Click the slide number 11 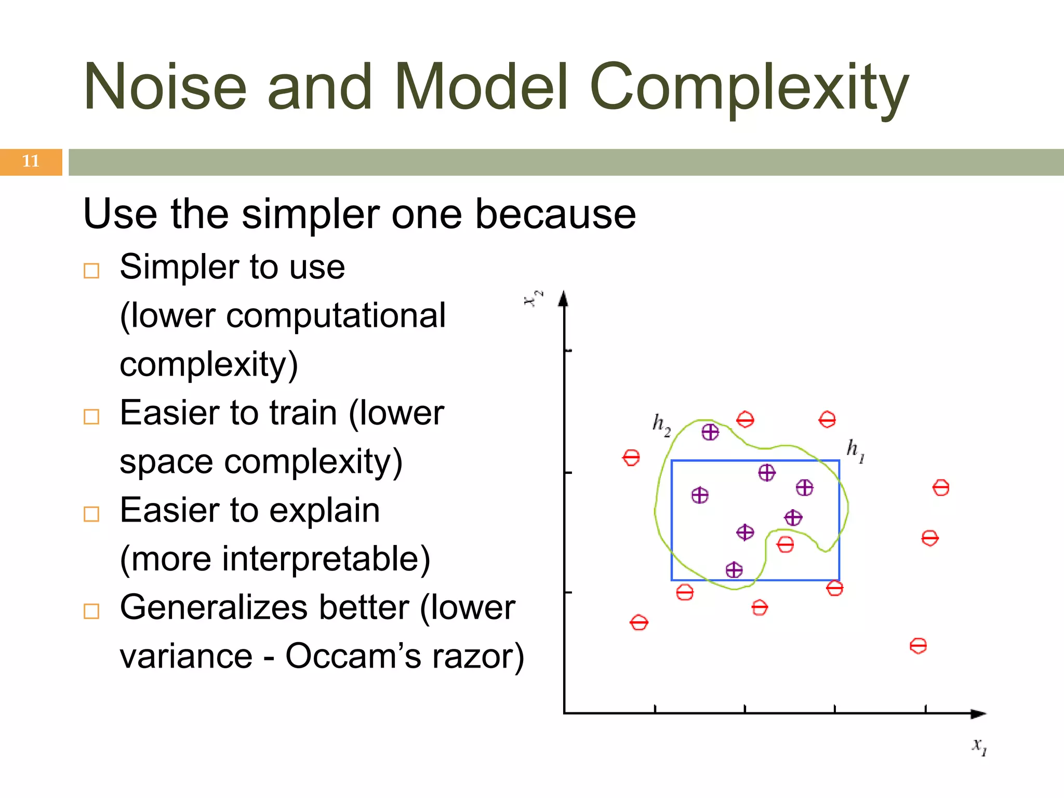(x=31, y=161)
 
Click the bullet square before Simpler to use (x=91, y=271)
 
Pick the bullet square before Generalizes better (x=91, y=611)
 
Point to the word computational (x=335, y=315)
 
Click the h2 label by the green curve (x=661, y=424)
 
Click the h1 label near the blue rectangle (x=855, y=450)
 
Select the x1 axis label (x=979, y=746)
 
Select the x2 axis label (x=533, y=298)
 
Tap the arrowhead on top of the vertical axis (x=564, y=299)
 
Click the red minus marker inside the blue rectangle (x=785, y=544)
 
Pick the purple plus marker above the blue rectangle (x=710, y=432)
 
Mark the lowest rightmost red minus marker (x=918, y=646)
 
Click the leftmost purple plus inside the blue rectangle (x=700, y=495)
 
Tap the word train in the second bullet (x=303, y=414)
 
